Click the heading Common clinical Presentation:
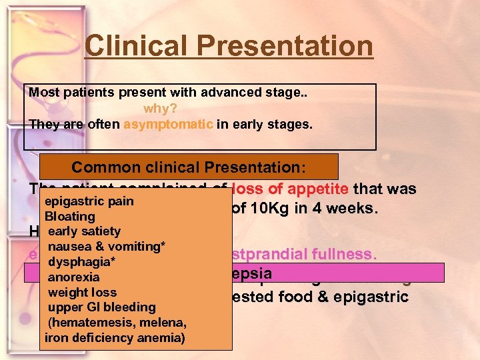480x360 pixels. (x=189, y=167)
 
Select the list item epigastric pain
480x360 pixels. (x=90, y=201)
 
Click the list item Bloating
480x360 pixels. (x=70, y=217)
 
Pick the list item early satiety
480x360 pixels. (x=84, y=231)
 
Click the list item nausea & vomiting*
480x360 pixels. (x=106, y=247)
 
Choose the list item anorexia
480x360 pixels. (x=73, y=277)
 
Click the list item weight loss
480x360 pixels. (x=82, y=292)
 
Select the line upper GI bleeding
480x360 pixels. (x=101, y=307)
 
